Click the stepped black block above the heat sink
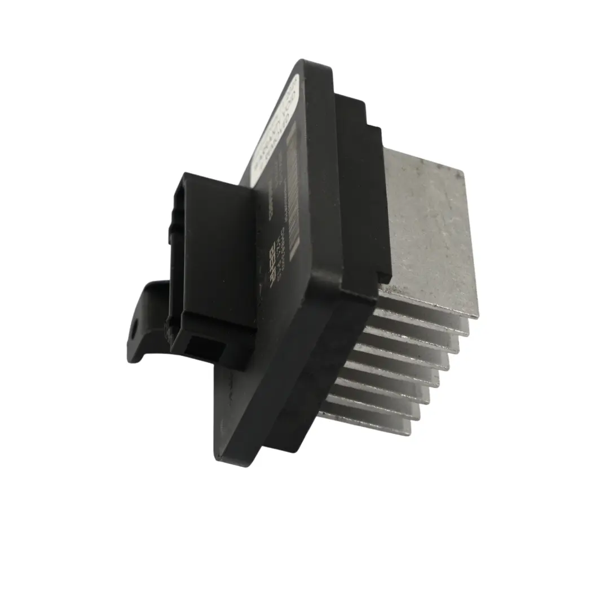pyautogui.click(x=361, y=186)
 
